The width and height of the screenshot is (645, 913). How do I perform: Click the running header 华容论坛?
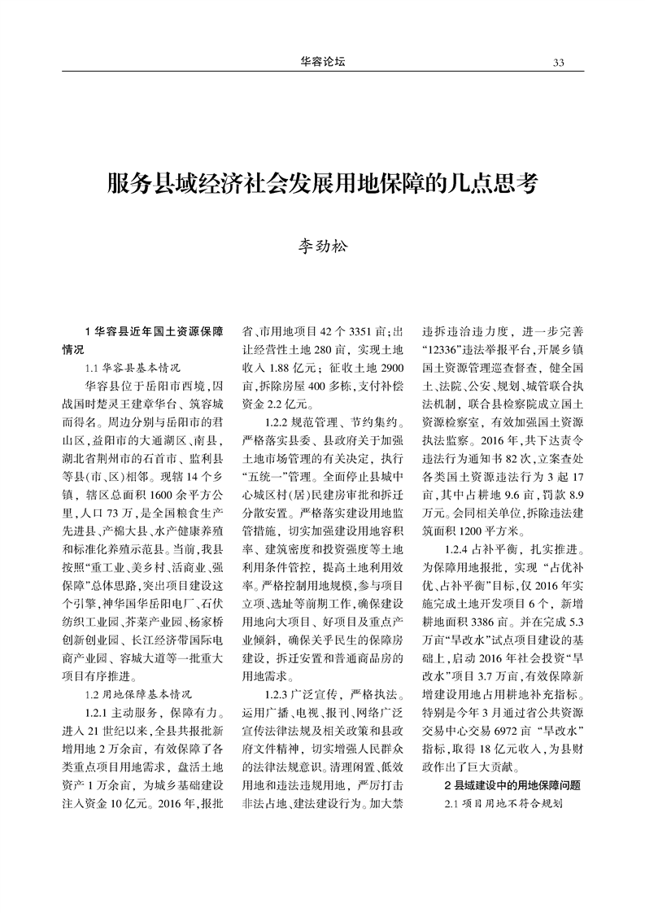click(322, 62)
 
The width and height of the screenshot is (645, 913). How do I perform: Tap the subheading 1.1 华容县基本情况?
click(132, 367)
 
